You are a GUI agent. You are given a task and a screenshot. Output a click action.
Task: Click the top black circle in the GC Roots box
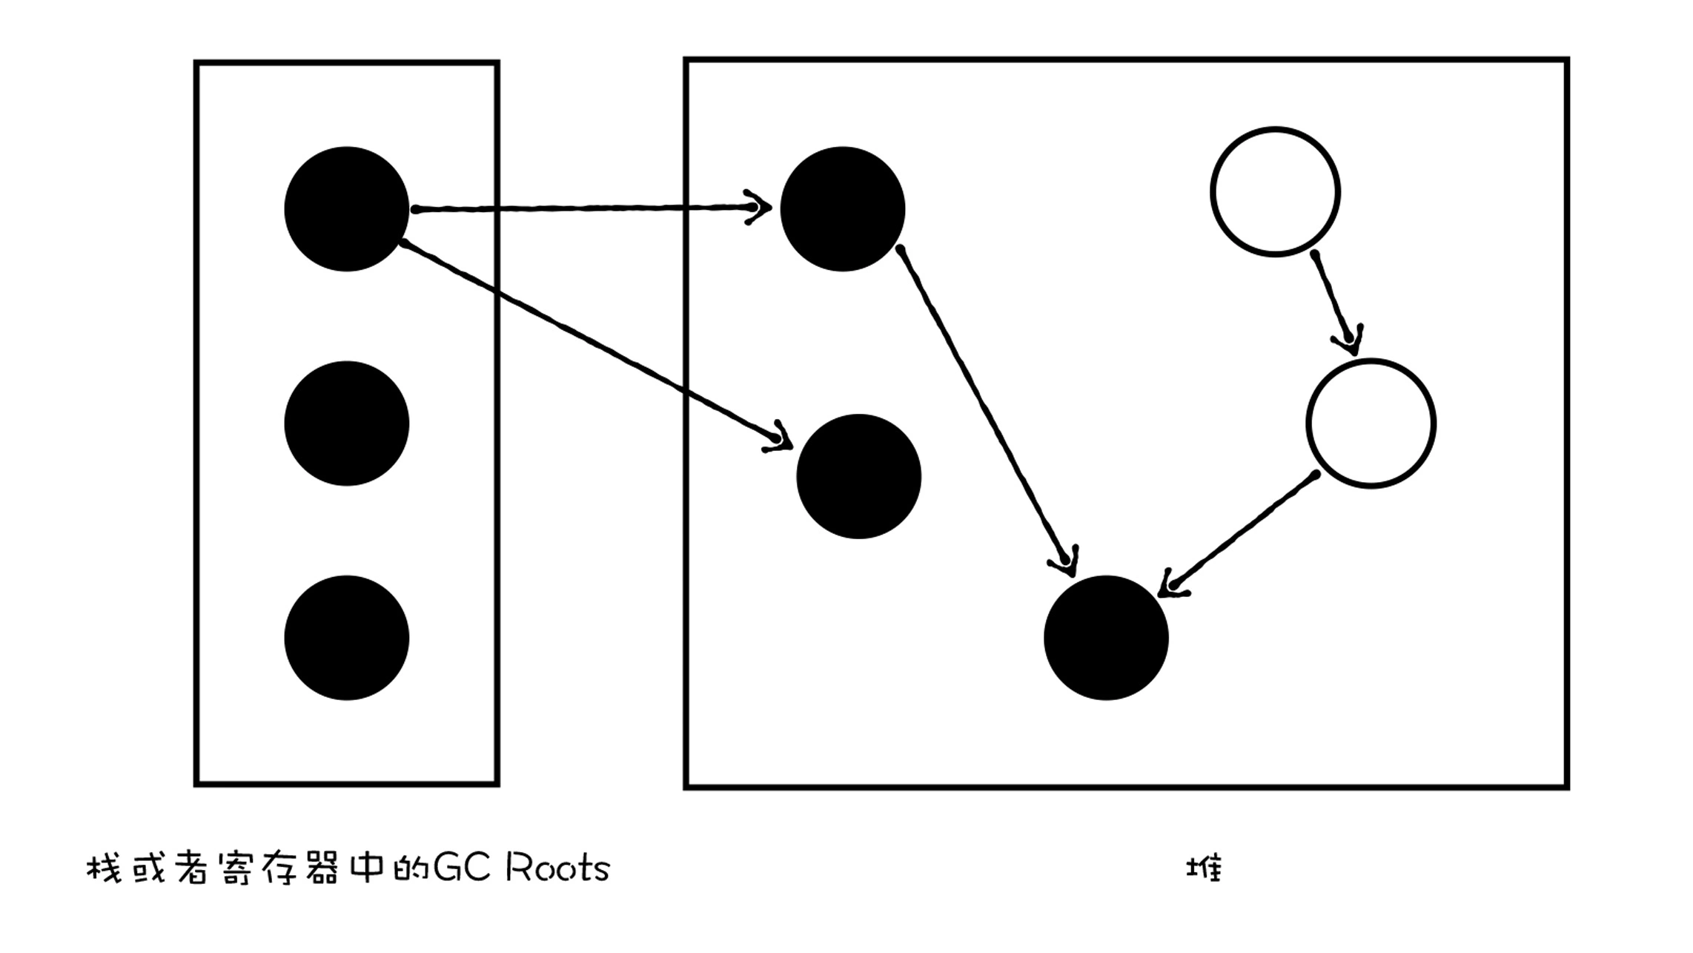coord(346,208)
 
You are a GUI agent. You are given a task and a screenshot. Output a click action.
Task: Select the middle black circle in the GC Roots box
coord(346,423)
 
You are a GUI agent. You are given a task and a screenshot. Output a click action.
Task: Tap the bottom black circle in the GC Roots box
coord(346,638)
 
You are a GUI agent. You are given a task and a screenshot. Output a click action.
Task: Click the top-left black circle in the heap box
coord(842,208)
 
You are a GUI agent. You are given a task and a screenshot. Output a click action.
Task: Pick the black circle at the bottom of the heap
coord(1105,638)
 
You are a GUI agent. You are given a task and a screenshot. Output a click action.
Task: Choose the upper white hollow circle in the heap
coord(1275,192)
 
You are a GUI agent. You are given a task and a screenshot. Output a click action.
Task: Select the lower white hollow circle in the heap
coord(1371,423)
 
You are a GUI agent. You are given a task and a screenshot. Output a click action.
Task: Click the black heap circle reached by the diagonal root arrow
coord(858,476)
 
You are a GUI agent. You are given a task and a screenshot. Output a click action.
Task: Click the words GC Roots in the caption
coord(521,868)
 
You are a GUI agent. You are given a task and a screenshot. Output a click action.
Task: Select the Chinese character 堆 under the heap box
coord(1204,868)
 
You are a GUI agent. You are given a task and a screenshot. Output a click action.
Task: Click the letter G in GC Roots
coord(447,868)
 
